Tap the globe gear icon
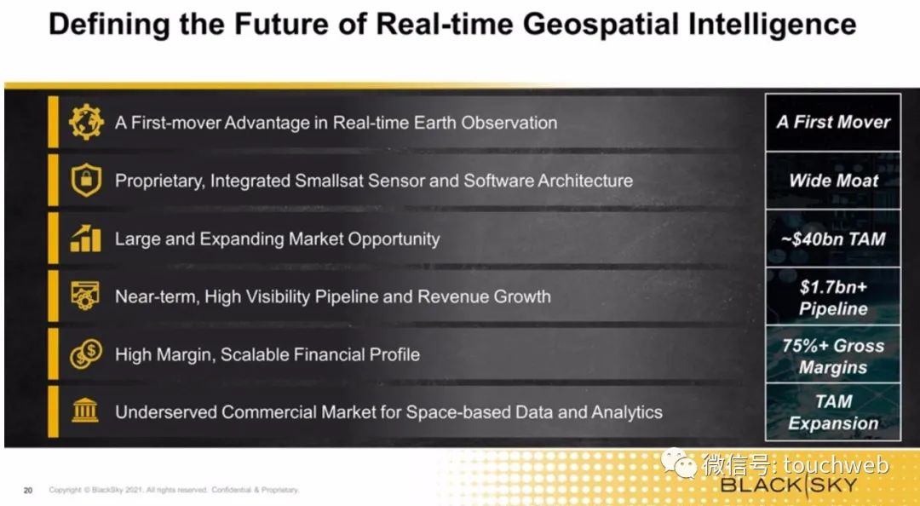pyautogui.click(x=86, y=122)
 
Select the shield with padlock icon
pyautogui.click(x=86, y=181)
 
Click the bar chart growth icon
pyautogui.click(x=86, y=238)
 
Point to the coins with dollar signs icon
pyautogui.click(x=86, y=354)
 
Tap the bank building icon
pyautogui.click(x=86, y=411)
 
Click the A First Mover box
pyautogui.click(x=832, y=122)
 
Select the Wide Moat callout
pyautogui.click(x=832, y=181)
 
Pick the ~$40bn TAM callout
pyautogui.click(x=832, y=239)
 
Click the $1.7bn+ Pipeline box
pyautogui.click(x=832, y=296)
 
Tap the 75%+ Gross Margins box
pyautogui.click(x=832, y=354)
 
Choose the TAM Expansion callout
pyautogui.click(x=832, y=412)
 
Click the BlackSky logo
pyautogui.click(x=789, y=485)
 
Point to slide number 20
pyautogui.click(x=28, y=490)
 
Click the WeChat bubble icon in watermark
pyautogui.click(x=679, y=463)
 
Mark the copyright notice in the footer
pyautogui.click(x=174, y=490)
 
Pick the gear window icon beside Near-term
pyautogui.click(x=86, y=296)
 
